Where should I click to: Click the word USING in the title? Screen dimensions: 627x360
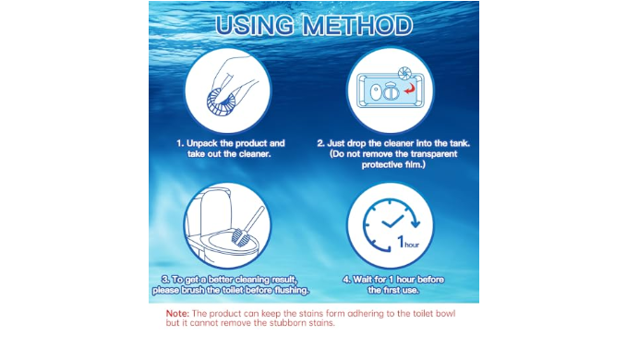coord(254,26)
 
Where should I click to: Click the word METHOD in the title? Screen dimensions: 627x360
coord(357,26)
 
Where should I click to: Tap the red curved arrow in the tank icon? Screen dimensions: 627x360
coord(409,89)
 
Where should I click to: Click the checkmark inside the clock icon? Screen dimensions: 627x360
coord(392,222)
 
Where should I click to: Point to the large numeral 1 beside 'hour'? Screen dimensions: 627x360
coord(400,241)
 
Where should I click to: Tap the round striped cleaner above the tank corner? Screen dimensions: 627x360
coord(404,73)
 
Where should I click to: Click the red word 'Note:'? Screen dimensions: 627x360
coord(177,314)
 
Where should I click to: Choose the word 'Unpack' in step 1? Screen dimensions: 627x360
coord(202,143)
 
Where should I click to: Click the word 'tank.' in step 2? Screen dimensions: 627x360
coord(460,143)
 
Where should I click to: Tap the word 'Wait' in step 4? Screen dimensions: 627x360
coord(361,280)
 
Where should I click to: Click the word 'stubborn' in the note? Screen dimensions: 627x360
coord(287,323)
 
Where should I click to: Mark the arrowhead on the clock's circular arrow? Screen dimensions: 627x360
coord(416,223)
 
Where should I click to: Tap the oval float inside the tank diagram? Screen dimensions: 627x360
coord(375,92)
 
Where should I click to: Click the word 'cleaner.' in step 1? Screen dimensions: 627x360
coord(255,154)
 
